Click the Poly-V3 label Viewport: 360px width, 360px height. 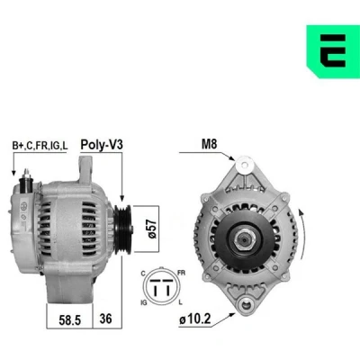(102, 145)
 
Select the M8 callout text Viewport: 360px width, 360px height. (209, 144)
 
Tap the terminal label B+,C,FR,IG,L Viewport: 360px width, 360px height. (40, 146)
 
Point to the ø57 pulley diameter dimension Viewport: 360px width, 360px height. (152, 229)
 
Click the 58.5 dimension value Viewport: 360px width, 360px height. (70, 320)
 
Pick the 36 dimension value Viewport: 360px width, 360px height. (105, 319)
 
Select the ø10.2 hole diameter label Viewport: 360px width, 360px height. (195, 319)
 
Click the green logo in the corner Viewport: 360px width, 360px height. (333, 51)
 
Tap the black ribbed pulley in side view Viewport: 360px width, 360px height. (122, 229)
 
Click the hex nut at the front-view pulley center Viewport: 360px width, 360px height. (244, 240)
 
